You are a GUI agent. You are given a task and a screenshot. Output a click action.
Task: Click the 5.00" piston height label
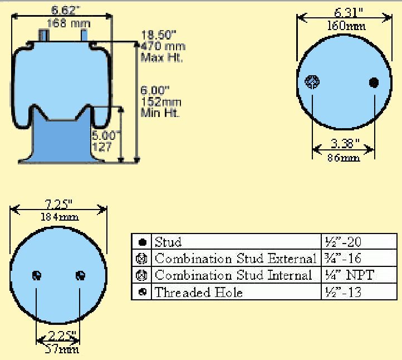(x=104, y=135)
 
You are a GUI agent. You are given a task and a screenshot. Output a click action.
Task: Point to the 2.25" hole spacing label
(x=58, y=335)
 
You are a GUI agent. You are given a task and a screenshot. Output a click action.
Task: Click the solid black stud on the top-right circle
(x=374, y=82)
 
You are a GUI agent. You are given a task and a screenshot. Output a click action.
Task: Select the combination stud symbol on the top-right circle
(x=312, y=82)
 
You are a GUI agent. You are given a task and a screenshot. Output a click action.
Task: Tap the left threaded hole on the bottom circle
(x=37, y=275)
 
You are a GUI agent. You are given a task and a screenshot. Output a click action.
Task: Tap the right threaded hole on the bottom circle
(x=80, y=275)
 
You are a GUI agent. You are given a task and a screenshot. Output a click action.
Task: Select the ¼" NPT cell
(x=349, y=275)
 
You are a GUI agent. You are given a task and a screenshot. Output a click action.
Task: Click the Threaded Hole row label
(x=198, y=292)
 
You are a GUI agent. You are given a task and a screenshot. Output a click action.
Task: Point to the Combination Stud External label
(x=235, y=259)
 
